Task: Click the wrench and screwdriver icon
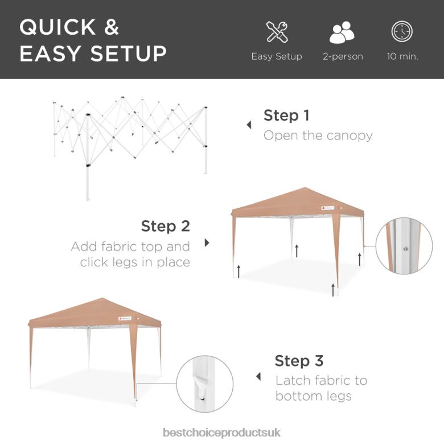[277, 32]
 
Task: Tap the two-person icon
[342, 32]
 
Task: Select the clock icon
[402, 32]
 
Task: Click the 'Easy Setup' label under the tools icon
[277, 56]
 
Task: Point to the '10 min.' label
[402, 56]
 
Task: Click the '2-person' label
[343, 56]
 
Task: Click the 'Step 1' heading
[286, 116]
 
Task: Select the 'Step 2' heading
[165, 226]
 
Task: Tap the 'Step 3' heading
[299, 361]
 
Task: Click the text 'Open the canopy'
[318, 135]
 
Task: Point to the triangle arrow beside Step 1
[249, 125]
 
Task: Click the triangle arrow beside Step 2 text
[207, 242]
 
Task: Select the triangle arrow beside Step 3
[258, 376]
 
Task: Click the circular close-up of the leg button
[404, 246]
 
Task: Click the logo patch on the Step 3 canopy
[125, 319]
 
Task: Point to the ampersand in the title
[112, 27]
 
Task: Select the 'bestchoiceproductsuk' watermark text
[221, 433]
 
